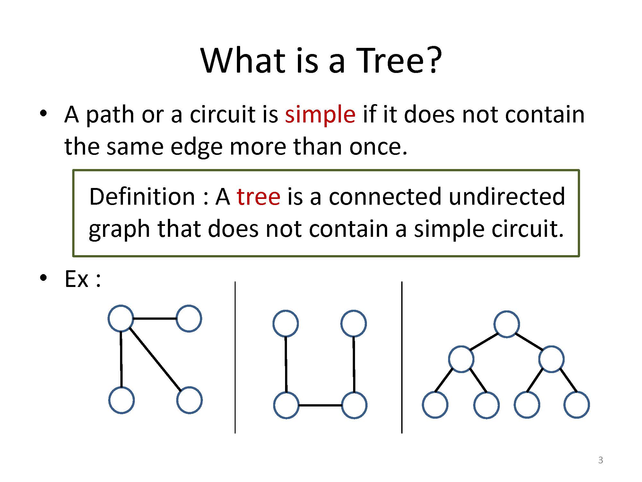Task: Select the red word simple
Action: point(320,115)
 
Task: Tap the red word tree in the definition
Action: point(258,197)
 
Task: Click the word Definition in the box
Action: point(142,196)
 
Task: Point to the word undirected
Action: point(507,196)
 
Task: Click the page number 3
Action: point(601,460)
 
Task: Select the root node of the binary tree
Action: point(507,324)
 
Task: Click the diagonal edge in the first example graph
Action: point(155,358)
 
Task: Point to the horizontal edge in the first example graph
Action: point(155,318)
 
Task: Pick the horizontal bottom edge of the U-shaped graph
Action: point(320,405)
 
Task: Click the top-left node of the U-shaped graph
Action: point(286,323)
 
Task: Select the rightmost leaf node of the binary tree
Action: point(577,405)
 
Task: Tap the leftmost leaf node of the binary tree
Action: point(435,405)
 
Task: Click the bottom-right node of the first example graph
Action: point(189,400)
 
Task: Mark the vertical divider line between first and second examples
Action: point(235,357)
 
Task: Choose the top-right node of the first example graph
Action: point(189,318)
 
